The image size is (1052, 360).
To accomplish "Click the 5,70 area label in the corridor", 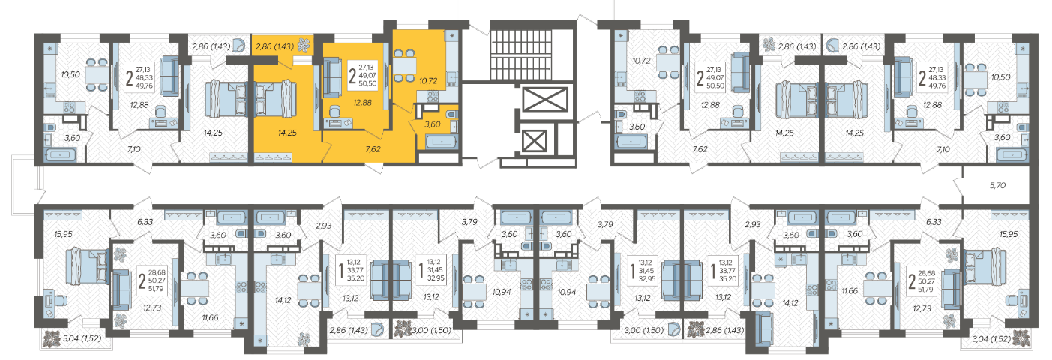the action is (x=997, y=186).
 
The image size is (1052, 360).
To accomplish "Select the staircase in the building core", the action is (x=532, y=55).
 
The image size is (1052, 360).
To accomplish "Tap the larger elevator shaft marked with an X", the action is (x=544, y=100).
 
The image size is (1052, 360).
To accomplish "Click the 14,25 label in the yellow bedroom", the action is (x=287, y=133).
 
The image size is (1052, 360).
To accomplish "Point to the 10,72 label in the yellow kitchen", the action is (x=428, y=81).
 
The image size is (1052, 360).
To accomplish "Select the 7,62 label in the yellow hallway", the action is (x=373, y=149).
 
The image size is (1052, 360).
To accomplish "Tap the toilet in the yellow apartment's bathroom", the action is (x=451, y=114).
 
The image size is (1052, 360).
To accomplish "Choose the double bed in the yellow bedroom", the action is (x=275, y=99).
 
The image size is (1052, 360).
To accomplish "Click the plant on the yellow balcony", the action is (x=304, y=45).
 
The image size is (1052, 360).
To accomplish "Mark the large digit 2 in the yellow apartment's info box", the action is (x=352, y=75).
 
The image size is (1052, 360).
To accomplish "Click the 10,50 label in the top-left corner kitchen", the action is (x=70, y=74).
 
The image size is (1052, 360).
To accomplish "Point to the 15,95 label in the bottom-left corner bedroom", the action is (x=64, y=234).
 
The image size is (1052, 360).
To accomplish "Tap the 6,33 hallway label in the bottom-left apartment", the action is (x=145, y=222).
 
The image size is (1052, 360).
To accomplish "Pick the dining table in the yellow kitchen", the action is (x=404, y=64).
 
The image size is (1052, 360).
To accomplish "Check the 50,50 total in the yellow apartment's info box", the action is (x=367, y=84).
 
